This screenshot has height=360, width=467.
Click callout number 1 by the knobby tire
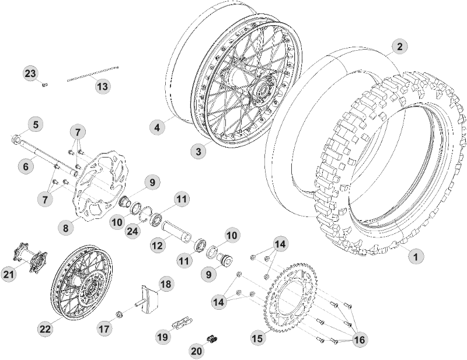coord(415,255)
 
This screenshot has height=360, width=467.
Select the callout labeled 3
coord(198,151)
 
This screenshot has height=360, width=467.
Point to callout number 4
coord(156,127)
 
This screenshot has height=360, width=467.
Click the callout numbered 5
coord(36,124)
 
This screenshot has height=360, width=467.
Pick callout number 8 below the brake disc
coord(65,228)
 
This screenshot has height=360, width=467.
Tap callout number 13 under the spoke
coord(102,87)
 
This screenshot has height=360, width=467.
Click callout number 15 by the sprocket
coord(257,338)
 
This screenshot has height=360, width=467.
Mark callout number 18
coord(166,284)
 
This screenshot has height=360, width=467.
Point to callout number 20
coord(197,349)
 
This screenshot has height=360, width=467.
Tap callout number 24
coord(133,230)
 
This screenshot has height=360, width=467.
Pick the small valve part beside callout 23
coord(45,85)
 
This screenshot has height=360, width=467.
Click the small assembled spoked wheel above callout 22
coord(81,285)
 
